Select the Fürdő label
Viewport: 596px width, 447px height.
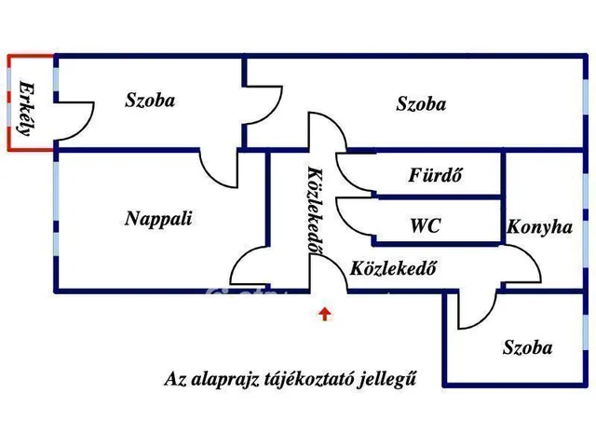436,174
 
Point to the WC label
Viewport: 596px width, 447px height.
425,225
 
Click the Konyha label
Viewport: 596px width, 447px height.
539,226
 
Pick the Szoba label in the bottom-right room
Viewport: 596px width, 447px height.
527,348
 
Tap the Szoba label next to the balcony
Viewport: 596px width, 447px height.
150,100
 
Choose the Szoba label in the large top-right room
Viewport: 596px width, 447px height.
420,103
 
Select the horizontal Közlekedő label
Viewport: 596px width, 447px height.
394,269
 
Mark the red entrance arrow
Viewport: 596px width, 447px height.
324,314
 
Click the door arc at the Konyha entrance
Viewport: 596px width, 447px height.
521,265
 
